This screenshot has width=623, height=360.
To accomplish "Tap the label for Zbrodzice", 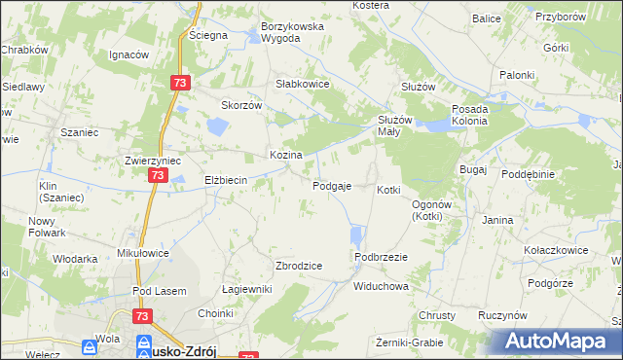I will tap(299, 266).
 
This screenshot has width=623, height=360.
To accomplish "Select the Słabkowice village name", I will tap(304, 85).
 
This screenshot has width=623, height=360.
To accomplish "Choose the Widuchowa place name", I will tap(381, 287).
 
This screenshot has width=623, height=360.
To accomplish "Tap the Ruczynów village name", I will tap(503, 316).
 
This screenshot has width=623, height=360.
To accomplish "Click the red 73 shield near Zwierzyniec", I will tap(159, 174).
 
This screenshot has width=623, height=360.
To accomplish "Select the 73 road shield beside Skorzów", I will tap(178, 84).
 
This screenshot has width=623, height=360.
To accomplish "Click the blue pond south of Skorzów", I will tap(217, 126).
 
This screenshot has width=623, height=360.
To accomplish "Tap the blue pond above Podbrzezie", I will tap(356, 235).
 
